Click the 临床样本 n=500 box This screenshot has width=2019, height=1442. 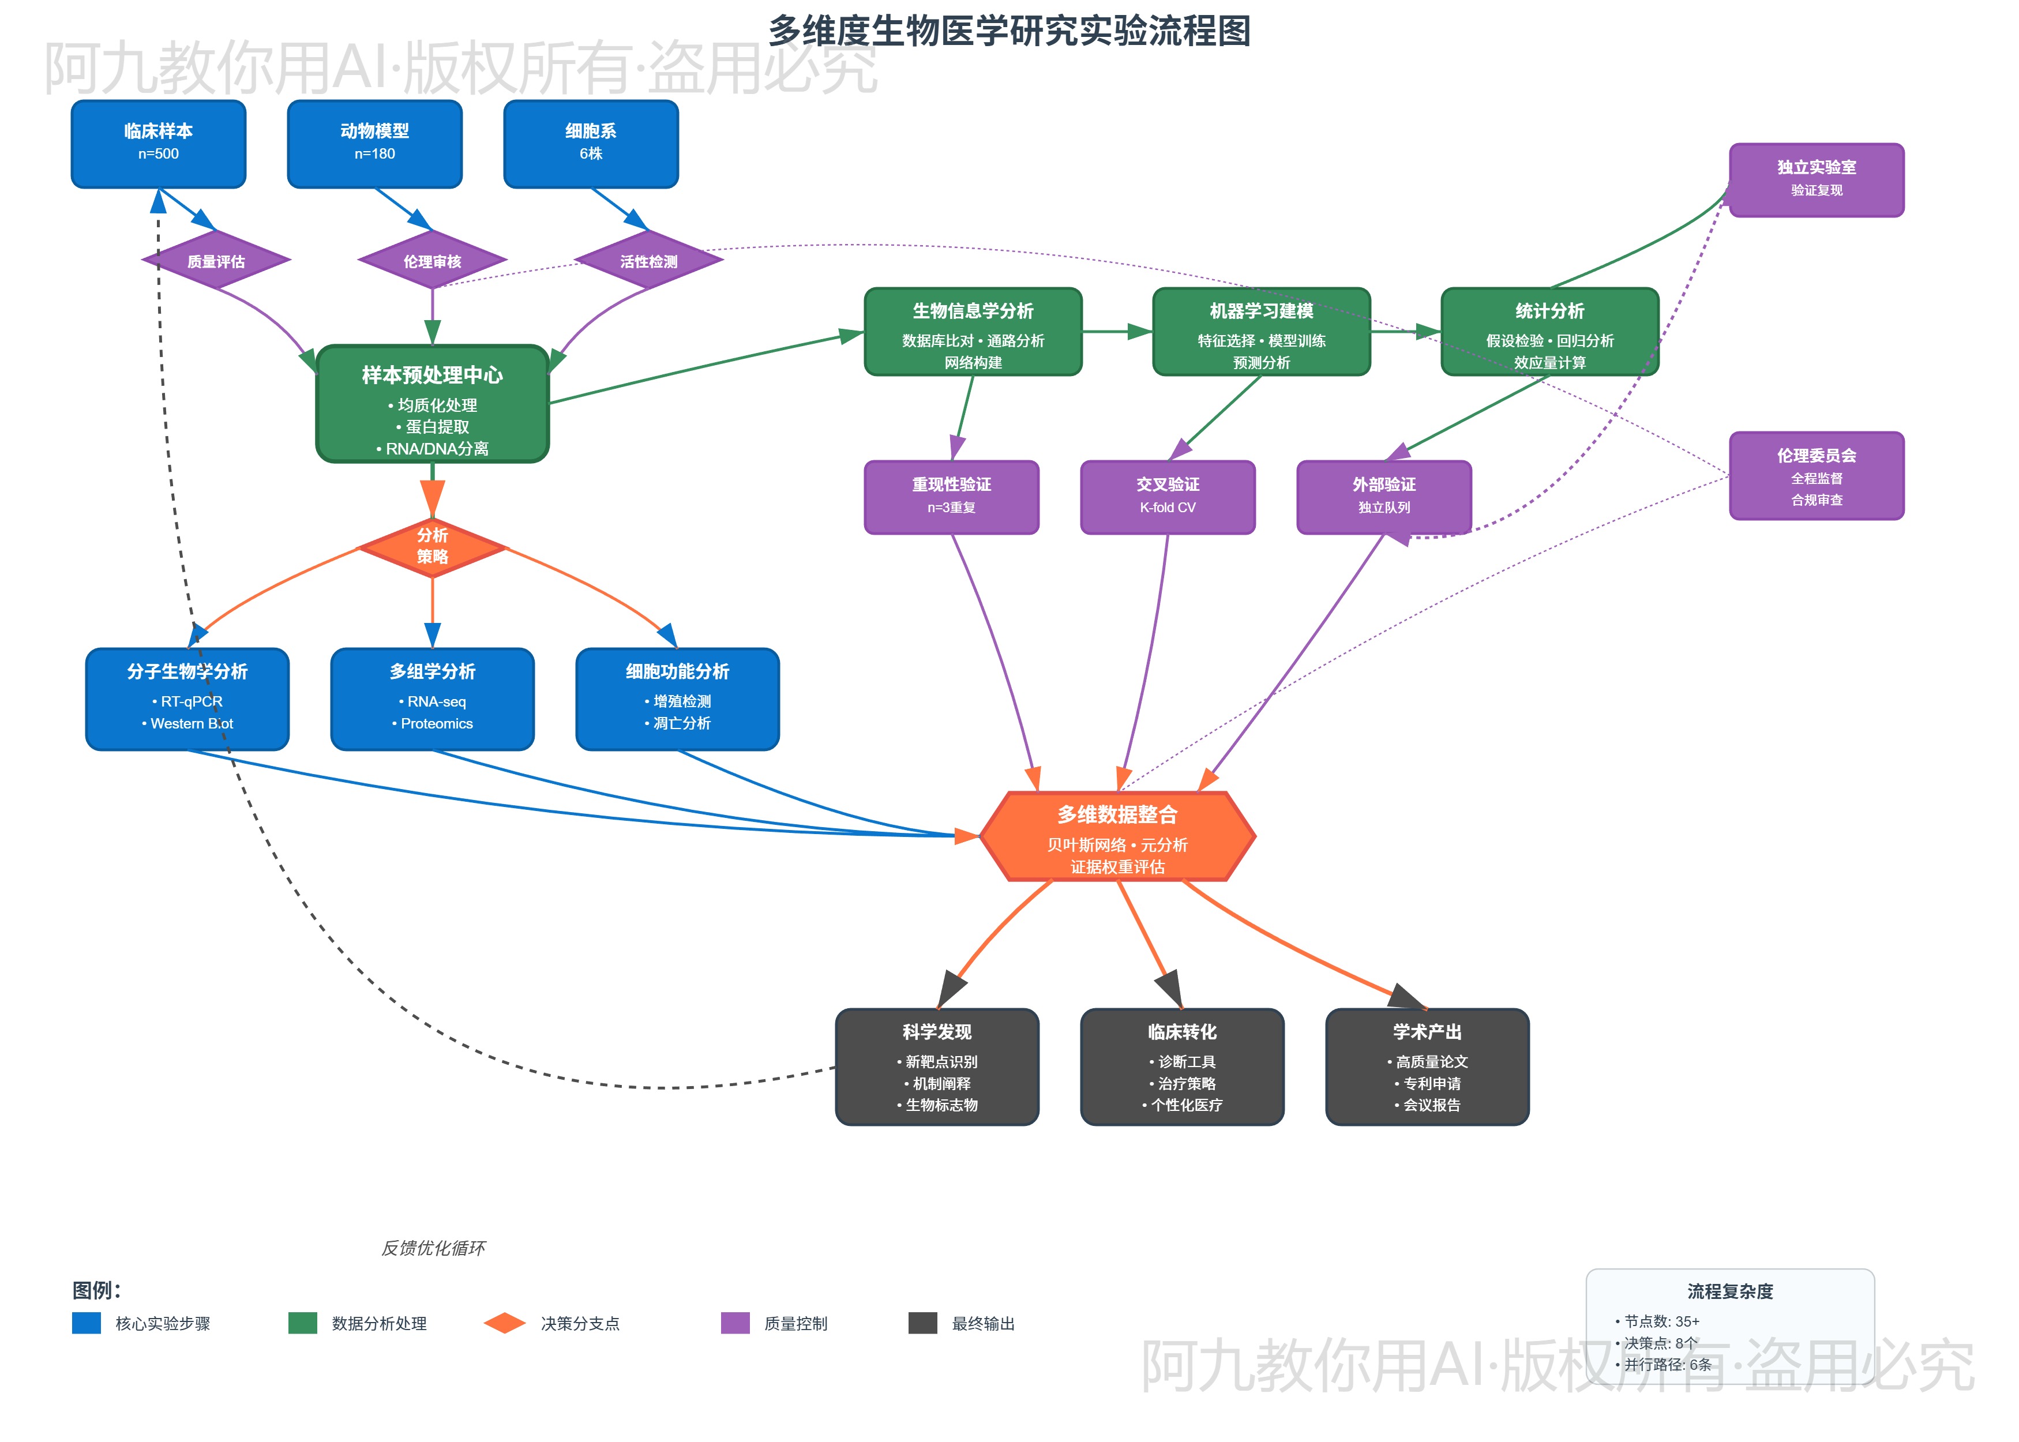[x=158, y=143]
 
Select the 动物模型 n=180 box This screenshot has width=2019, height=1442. [x=375, y=143]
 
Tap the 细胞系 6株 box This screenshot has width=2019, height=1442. [x=591, y=143]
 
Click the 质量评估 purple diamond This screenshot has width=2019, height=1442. [x=216, y=261]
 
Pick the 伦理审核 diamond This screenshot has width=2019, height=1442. [x=433, y=261]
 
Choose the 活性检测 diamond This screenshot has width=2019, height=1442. [x=648, y=261]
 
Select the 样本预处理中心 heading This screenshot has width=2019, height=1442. [x=433, y=375]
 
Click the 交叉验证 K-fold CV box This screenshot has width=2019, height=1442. [x=1168, y=497]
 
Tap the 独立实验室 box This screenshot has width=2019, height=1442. [x=1816, y=179]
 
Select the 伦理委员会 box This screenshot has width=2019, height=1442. [x=1816, y=476]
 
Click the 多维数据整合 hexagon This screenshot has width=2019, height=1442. [x=1117, y=836]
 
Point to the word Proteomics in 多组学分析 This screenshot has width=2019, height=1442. [x=436, y=724]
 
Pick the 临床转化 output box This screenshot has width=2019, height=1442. [x=1182, y=1067]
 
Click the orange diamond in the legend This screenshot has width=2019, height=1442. [x=504, y=1323]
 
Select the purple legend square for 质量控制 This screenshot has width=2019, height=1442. [x=735, y=1323]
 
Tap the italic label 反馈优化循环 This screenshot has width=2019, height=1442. [x=433, y=1248]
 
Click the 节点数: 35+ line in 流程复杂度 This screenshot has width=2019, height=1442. [x=1660, y=1321]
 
